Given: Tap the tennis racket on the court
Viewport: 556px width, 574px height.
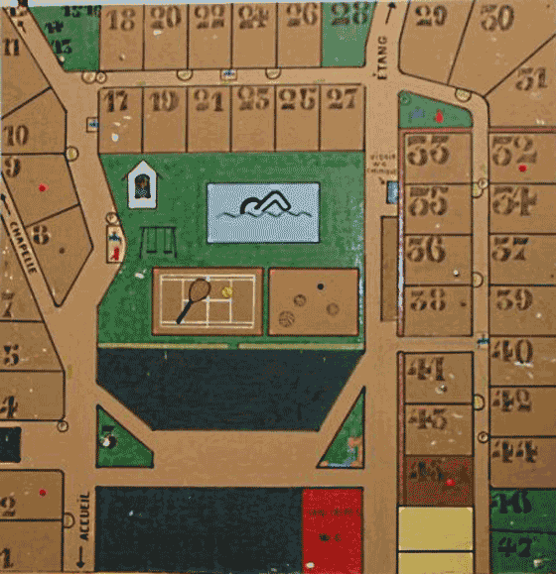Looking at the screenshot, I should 194,299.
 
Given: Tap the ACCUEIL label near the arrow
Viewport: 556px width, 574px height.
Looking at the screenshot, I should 84,516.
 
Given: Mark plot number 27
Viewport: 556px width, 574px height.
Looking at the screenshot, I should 343,98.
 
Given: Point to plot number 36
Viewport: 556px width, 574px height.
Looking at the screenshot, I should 425,246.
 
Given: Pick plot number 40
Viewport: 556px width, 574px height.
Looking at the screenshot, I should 512,350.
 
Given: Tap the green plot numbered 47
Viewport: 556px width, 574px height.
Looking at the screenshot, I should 515,546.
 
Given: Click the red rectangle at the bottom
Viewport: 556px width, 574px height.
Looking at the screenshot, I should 332,530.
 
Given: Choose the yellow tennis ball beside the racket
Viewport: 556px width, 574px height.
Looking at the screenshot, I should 226,291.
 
